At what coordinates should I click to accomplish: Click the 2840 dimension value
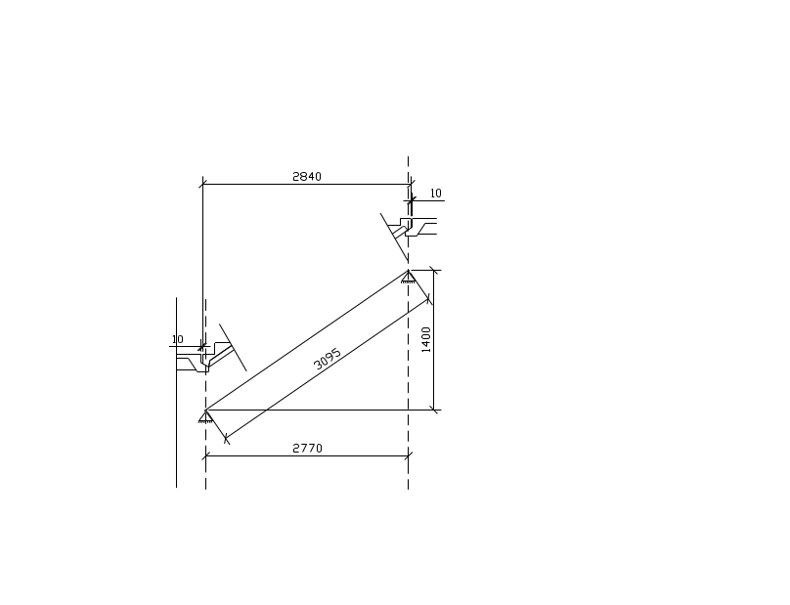point(307,176)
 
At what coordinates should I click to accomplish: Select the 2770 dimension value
point(307,448)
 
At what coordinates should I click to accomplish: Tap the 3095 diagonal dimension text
point(327,359)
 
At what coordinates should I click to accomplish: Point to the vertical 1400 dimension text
point(426,339)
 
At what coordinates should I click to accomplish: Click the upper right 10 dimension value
point(436,194)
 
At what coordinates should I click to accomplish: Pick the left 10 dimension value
point(177,339)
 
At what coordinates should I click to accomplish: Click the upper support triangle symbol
point(408,277)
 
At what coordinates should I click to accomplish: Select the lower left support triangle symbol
point(205,416)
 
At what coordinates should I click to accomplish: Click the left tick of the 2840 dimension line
point(203,185)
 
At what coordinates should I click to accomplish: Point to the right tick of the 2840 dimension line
point(411,185)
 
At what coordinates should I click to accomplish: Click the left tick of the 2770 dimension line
point(205,455)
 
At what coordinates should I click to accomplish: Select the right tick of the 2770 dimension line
point(408,455)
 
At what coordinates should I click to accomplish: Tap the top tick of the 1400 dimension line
point(434,271)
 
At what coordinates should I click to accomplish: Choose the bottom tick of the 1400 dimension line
point(434,411)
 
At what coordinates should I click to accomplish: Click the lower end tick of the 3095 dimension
point(226,439)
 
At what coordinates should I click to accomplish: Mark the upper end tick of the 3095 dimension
point(429,300)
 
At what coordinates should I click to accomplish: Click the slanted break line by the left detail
point(233,348)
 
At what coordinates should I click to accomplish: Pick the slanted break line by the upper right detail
point(394,237)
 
